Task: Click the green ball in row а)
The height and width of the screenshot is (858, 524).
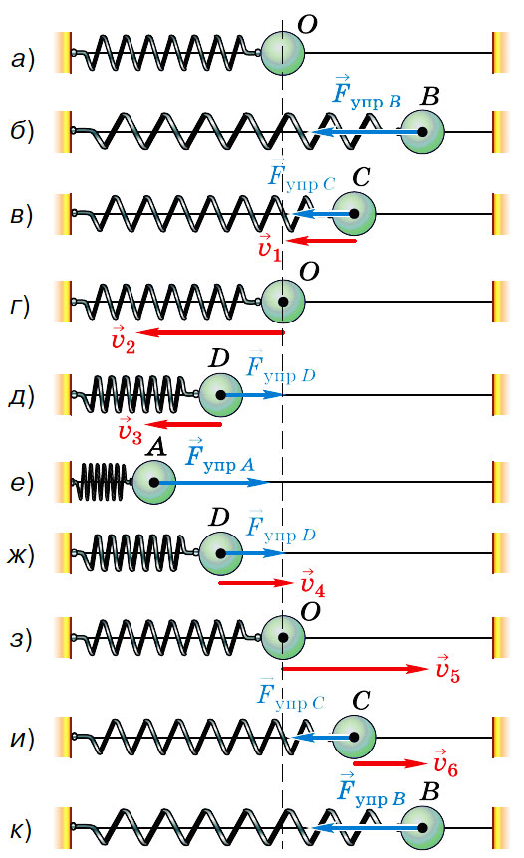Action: click(x=283, y=53)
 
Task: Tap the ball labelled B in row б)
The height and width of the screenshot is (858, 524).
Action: click(x=422, y=132)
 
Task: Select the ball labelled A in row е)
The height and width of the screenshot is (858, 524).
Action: click(x=154, y=482)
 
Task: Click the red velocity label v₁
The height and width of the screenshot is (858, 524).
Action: click(x=268, y=247)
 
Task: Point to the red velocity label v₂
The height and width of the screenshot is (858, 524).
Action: click(x=123, y=339)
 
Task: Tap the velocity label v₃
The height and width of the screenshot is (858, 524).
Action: click(x=130, y=430)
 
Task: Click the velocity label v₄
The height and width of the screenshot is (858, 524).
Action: click(x=313, y=583)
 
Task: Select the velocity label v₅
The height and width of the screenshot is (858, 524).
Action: click(x=448, y=669)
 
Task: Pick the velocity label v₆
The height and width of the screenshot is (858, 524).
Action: click(x=445, y=763)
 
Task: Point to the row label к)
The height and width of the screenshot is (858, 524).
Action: click(x=21, y=829)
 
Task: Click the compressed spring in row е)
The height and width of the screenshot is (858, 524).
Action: click(x=102, y=482)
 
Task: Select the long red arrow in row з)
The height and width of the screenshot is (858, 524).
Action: click(x=355, y=669)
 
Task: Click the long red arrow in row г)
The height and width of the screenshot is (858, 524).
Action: click(x=211, y=332)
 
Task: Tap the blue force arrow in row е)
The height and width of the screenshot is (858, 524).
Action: click(x=211, y=482)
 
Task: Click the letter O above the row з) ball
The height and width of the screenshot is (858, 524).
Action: click(x=310, y=612)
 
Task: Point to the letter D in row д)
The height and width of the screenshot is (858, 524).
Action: click(x=219, y=359)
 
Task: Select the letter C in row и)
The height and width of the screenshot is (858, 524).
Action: click(x=361, y=701)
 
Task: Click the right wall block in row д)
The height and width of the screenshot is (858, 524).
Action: click(x=501, y=395)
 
